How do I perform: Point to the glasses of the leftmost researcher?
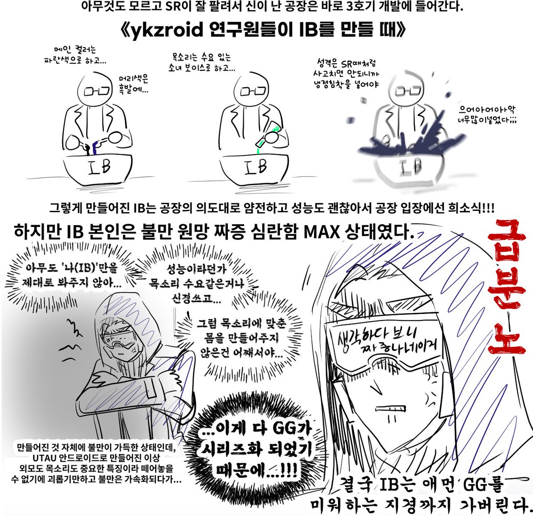tap(98, 91)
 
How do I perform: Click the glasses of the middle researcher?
tap(253, 91)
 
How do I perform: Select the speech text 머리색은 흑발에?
tap(133, 85)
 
